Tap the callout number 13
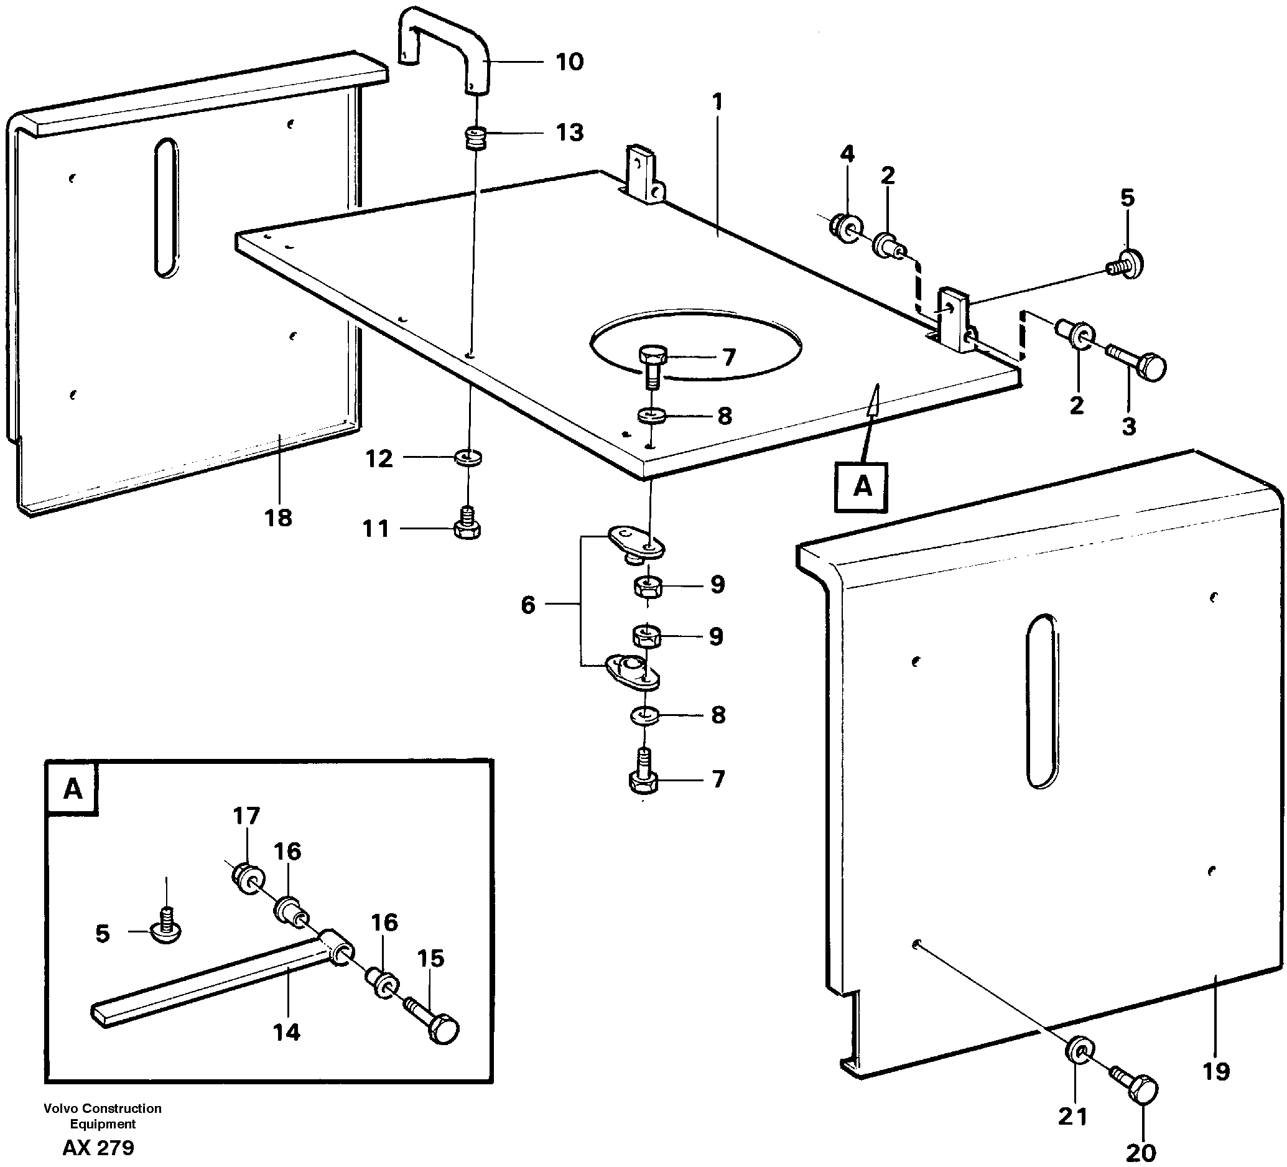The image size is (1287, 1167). (x=569, y=133)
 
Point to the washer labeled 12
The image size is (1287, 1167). (x=468, y=457)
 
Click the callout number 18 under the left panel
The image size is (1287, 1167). (x=278, y=518)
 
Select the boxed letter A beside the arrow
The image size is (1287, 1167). (x=862, y=486)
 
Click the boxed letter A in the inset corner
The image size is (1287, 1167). (x=73, y=789)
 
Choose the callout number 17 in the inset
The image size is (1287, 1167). (x=246, y=817)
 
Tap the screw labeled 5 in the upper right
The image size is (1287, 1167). (x=1125, y=264)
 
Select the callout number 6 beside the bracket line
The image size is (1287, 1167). (x=527, y=605)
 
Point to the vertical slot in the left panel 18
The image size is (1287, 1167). (x=166, y=208)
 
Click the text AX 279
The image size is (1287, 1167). (x=98, y=1148)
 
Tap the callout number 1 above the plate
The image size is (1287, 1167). (x=717, y=102)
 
